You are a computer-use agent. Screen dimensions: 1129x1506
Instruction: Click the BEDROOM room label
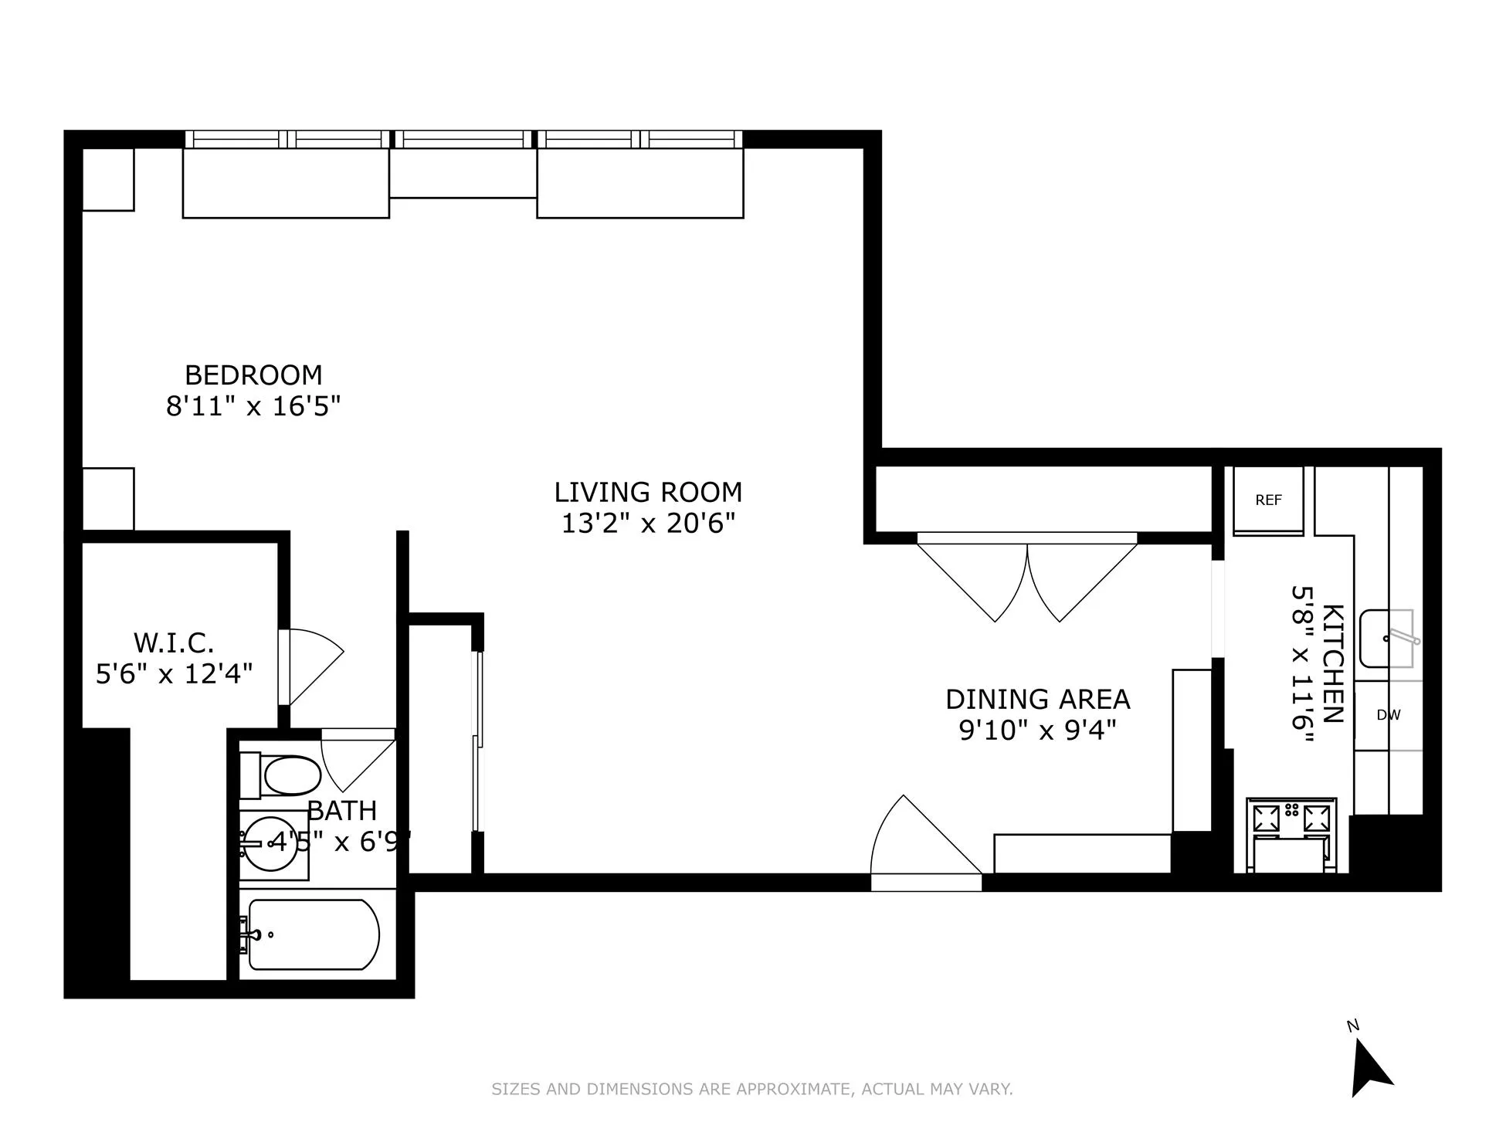pos(253,375)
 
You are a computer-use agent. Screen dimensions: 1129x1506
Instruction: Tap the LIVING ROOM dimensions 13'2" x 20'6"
pos(647,524)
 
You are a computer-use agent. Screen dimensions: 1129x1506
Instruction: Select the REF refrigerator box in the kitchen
pos(1268,500)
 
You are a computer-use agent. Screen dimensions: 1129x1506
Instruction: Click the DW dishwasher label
pos(1388,715)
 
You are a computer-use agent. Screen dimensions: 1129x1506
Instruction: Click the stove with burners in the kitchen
pos(1291,819)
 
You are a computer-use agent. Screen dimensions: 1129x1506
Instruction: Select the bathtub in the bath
pos(313,934)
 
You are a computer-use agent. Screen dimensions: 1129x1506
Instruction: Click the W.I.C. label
pos(174,642)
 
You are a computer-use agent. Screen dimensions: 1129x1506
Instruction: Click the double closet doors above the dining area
pos(1027,579)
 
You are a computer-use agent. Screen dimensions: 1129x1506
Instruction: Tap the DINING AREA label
pos(1037,700)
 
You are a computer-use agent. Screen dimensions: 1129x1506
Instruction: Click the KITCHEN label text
pos(1333,663)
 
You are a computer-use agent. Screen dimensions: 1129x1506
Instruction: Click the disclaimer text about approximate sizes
pos(752,1090)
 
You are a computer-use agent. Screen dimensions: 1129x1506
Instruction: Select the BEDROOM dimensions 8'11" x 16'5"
pos(253,406)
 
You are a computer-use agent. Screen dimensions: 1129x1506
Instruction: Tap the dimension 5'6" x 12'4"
pos(174,674)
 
